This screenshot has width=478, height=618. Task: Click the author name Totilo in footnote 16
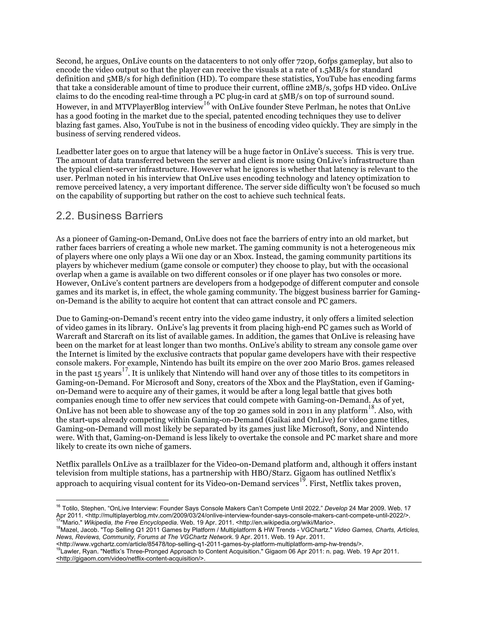[x=70, y=508]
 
